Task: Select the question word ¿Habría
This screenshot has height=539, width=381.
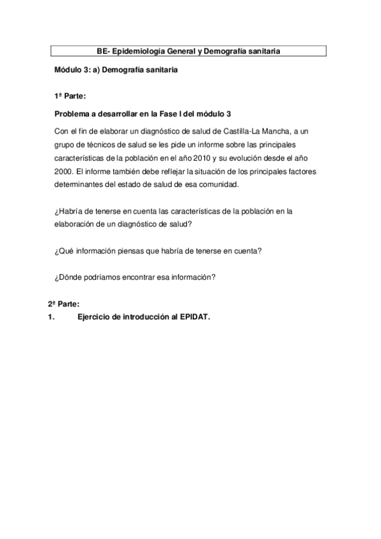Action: click(x=69, y=212)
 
